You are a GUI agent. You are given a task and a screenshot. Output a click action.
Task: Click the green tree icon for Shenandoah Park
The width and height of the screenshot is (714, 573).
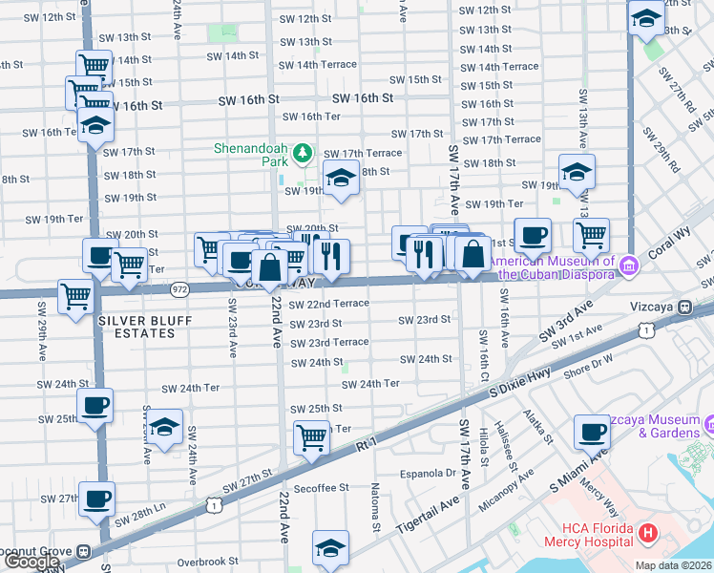(x=303, y=152)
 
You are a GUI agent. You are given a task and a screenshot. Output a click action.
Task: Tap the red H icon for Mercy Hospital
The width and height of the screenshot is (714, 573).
(x=648, y=532)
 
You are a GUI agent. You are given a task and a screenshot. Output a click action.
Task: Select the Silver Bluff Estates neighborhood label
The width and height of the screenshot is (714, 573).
(x=136, y=328)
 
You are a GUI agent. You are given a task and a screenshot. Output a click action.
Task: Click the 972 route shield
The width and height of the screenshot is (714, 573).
(x=180, y=288)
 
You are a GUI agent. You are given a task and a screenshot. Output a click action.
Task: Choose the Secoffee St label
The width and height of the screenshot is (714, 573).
(x=322, y=488)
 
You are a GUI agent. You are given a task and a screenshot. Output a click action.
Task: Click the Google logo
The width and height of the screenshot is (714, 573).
(x=31, y=562)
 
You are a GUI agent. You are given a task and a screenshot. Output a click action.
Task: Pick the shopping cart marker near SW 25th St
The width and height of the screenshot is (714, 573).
(x=312, y=436)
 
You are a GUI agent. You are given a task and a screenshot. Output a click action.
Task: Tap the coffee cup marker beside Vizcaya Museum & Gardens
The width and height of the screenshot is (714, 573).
(x=592, y=431)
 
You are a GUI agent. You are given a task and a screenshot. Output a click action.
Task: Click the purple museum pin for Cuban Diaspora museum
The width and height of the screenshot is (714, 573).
(x=627, y=265)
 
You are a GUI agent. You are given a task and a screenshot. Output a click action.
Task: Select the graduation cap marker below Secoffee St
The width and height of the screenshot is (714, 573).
(x=330, y=547)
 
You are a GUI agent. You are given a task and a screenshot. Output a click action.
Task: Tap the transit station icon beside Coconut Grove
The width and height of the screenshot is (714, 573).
(x=84, y=551)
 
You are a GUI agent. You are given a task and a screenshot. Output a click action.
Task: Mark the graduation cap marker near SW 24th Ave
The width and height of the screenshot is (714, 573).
(x=165, y=429)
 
